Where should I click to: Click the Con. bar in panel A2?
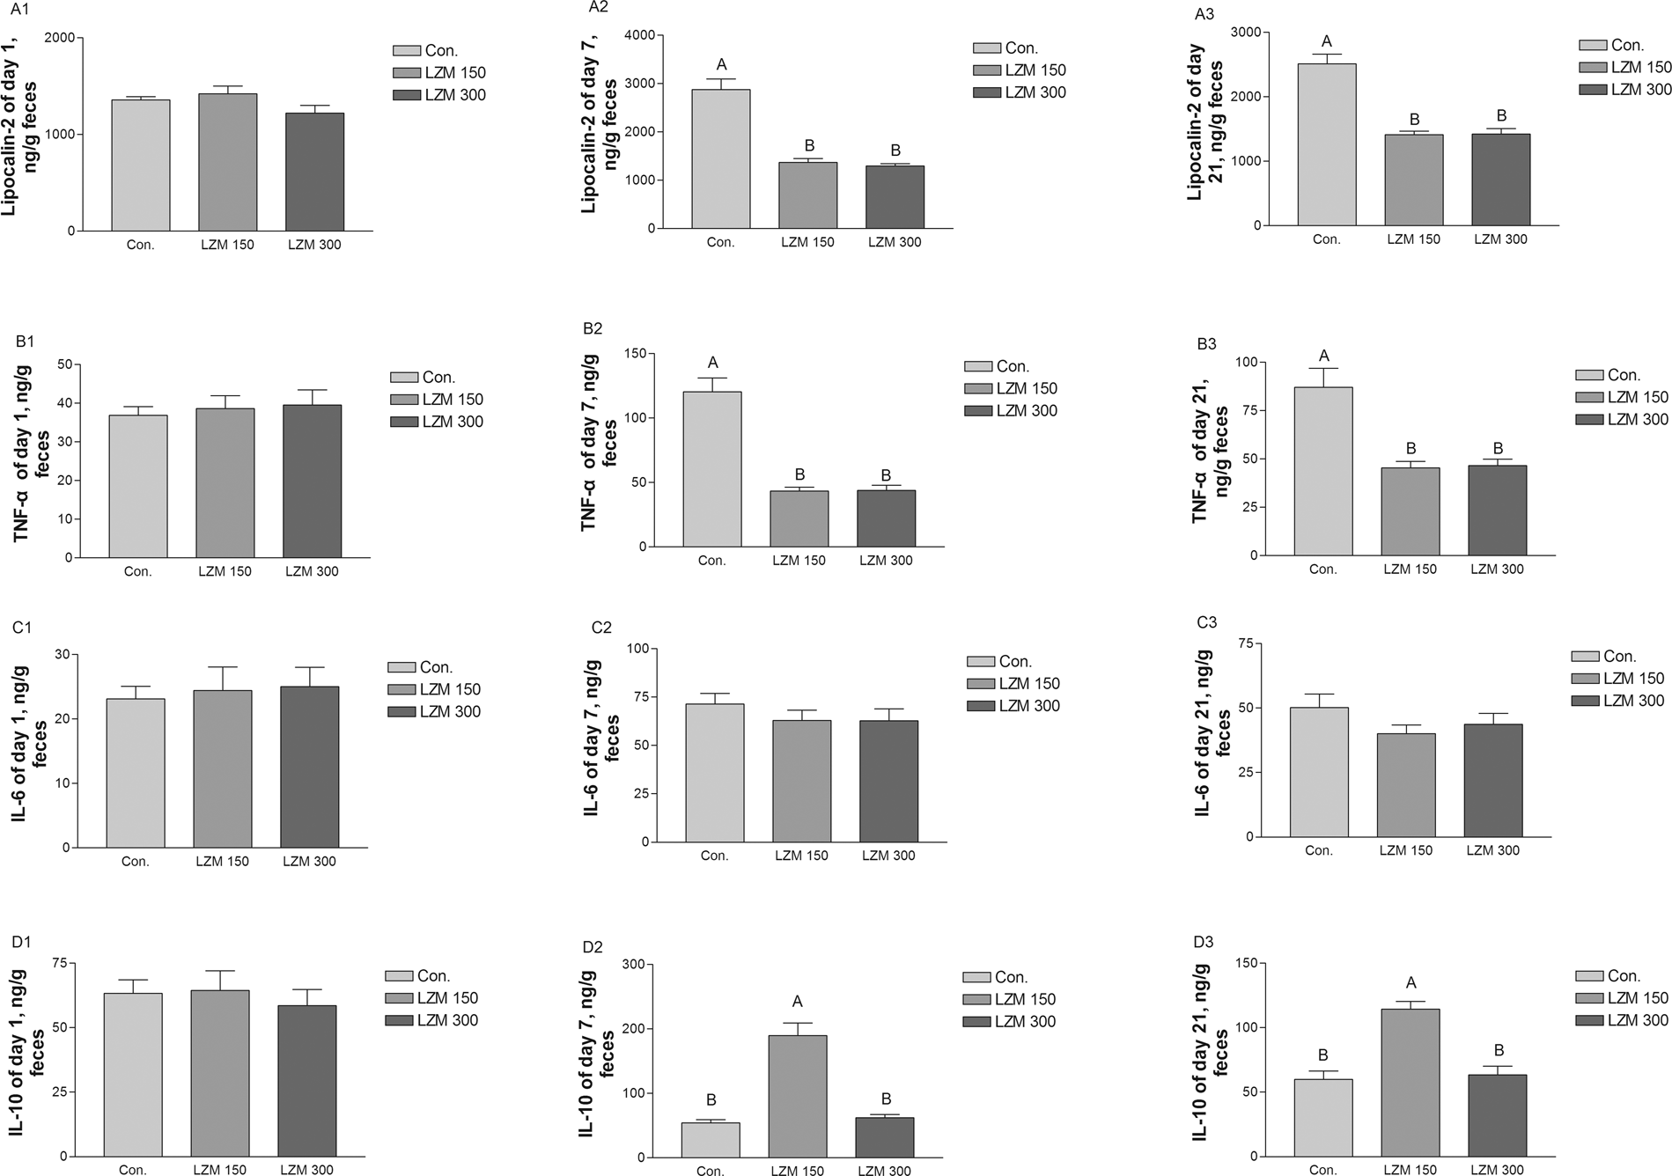720,158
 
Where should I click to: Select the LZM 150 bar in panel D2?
797,1096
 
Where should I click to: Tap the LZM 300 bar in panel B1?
312,481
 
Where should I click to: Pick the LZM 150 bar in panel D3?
1410,1082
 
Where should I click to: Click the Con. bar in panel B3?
1322,471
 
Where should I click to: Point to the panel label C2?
601,628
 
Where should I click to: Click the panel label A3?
1204,15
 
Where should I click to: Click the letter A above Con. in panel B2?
712,363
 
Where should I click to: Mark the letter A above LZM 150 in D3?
1411,982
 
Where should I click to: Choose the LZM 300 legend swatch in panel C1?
401,711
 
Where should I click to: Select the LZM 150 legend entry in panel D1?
431,998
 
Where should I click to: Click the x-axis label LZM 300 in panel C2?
888,855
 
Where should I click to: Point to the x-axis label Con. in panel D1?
133,1170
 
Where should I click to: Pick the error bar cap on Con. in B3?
1322,368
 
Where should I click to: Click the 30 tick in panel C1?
63,654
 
